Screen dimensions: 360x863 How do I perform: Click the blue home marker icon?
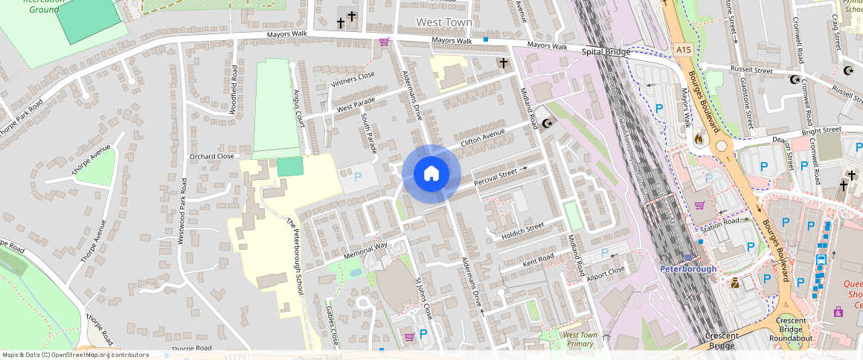431,174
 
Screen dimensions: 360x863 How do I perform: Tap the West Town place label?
444,22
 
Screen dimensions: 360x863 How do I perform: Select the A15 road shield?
684,49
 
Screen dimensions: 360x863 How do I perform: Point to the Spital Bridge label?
606,52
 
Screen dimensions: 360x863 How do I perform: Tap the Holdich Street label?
523,228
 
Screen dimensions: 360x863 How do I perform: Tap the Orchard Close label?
212,157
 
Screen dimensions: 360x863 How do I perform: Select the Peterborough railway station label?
688,269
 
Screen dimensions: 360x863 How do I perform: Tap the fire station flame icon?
698,138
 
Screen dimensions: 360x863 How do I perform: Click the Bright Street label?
821,131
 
